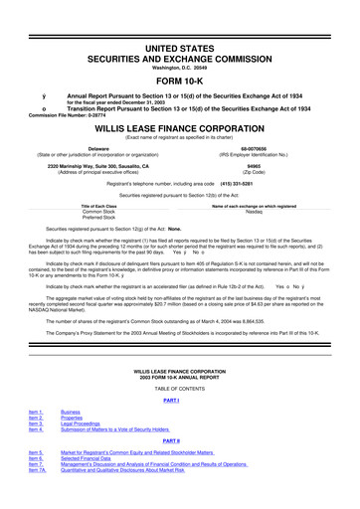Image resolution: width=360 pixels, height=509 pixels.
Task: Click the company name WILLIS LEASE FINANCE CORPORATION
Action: point(180,128)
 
